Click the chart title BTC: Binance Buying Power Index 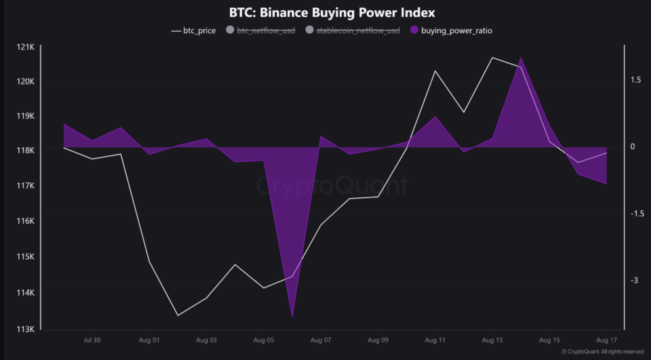pyautogui.click(x=332, y=13)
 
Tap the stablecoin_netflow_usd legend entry pyautogui.click(x=353, y=31)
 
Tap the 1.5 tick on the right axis pyautogui.click(x=635, y=80)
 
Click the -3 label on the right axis pyautogui.click(x=635, y=281)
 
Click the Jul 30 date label pyautogui.click(x=92, y=340)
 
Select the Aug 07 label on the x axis pyautogui.click(x=320, y=340)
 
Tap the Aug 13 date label pyautogui.click(x=492, y=340)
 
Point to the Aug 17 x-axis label pyautogui.click(x=606, y=340)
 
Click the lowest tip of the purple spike pyautogui.click(x=292, y=316)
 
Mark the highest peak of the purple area pyautogui.click(x=521, y=58)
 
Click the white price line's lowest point pyautogui.click(x=178, y=315)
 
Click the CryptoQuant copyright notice pyautogui.click(x=602, y=352)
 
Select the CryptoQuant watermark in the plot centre pyautogui.click(x=332, y=185)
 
